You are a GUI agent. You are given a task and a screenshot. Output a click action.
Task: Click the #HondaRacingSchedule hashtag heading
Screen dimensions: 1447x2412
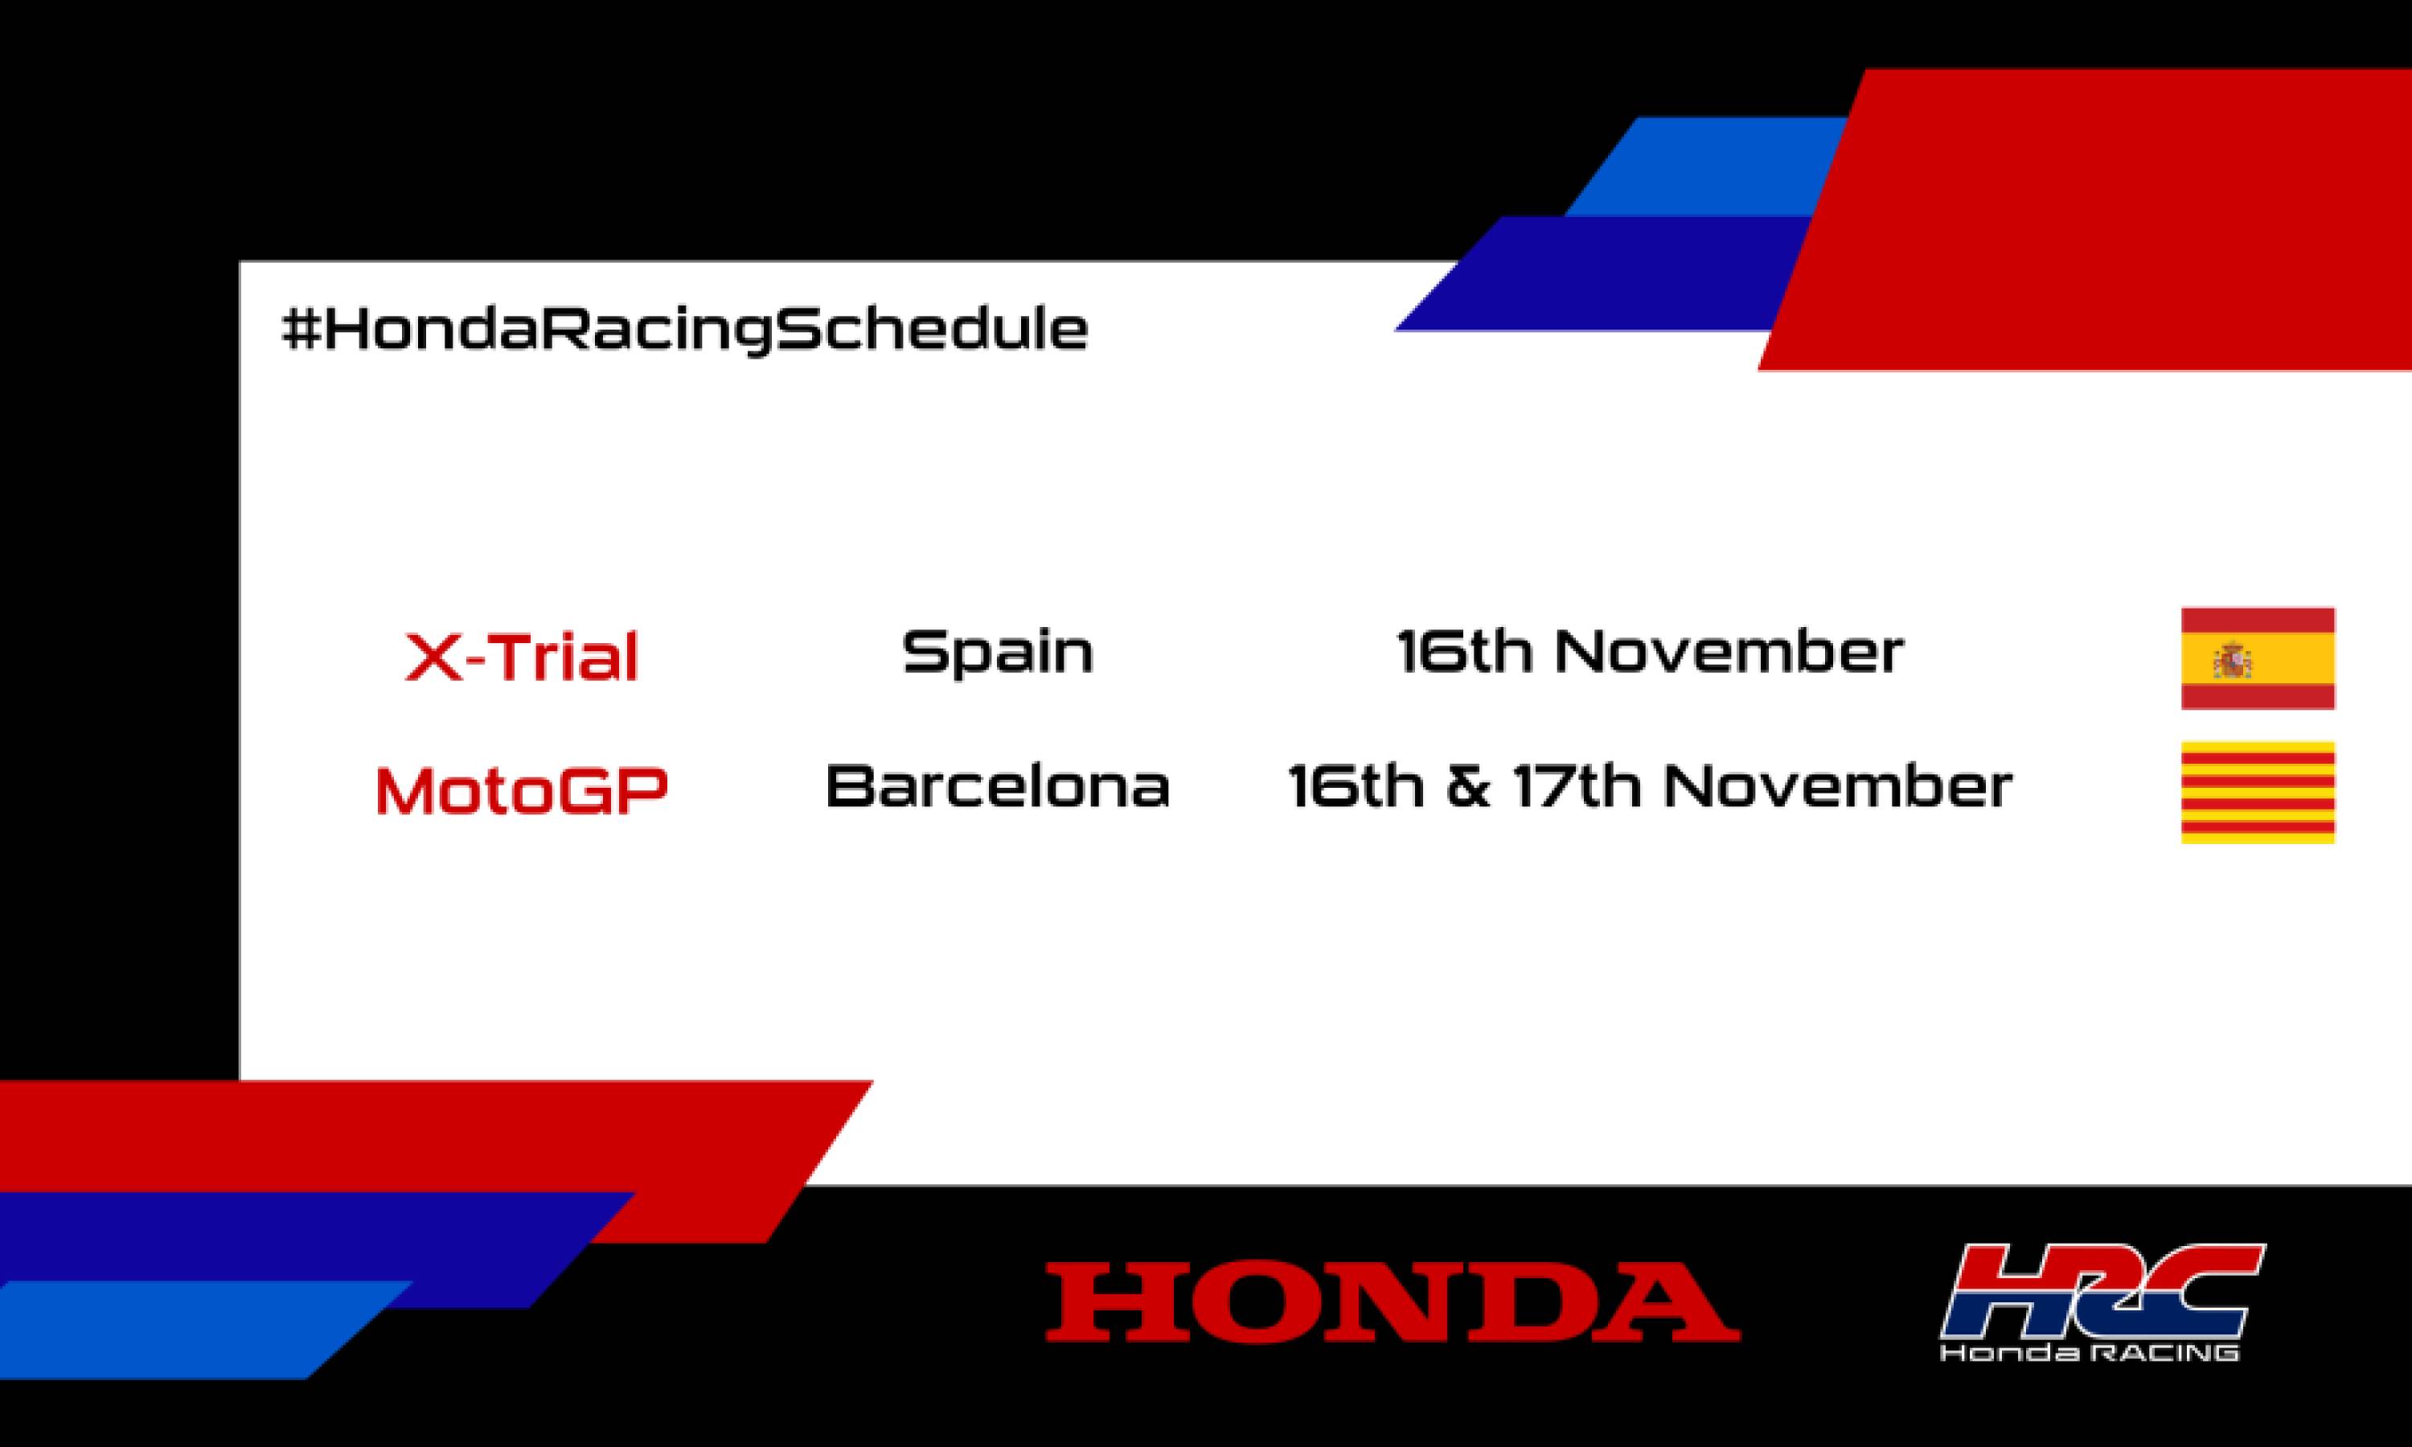pos(684,330)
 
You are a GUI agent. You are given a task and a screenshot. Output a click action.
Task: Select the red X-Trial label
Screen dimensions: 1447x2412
pos(522,656)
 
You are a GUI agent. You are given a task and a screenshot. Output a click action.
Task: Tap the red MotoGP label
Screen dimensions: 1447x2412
pos(522,789)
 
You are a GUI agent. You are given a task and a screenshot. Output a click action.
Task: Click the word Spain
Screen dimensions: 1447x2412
pos(998,652)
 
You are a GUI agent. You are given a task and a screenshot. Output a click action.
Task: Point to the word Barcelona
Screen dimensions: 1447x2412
pos(998,786)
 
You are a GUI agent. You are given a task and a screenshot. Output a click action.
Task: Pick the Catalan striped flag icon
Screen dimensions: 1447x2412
pos(2257,792)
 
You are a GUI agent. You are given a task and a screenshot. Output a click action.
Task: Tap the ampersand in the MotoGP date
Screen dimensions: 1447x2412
pos(1468,787)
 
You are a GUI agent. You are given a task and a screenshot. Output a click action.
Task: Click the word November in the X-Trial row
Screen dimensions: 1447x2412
pos(1728,651)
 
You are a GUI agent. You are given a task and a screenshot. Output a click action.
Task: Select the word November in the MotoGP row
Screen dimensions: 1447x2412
pos(1837,786)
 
